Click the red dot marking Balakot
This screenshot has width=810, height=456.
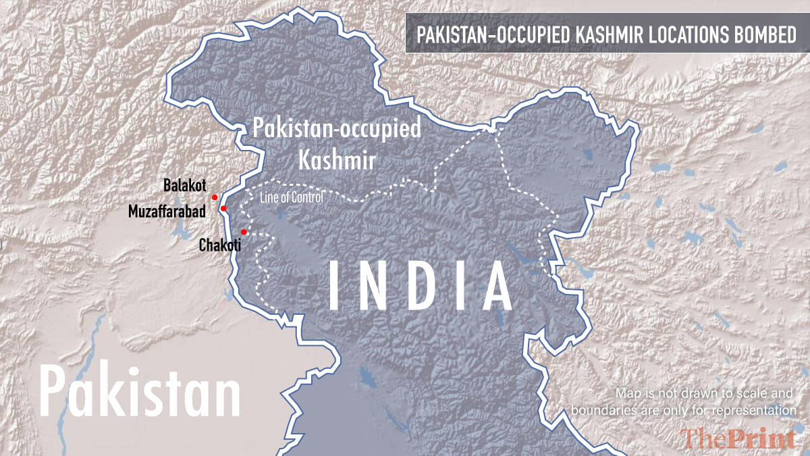pos(215,197)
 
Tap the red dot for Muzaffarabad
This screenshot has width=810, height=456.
pos(223,209)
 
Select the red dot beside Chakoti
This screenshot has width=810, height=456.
pos(244,232)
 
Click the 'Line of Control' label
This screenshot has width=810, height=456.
pos(292,197)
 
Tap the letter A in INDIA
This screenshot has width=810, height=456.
pos(491,284)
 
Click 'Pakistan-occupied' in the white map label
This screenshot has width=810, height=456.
pos(336,129)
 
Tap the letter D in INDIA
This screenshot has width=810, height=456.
pos(417,284)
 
